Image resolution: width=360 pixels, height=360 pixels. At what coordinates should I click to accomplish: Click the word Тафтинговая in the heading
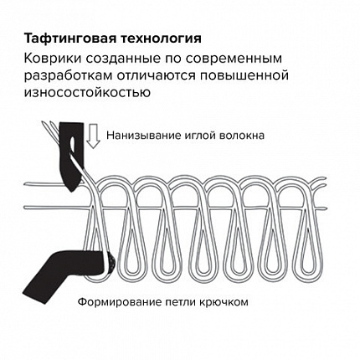pyautogui.click(x=69, y=39)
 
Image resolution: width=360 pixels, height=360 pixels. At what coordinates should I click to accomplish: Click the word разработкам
pyautogui.click(x=68, y=76)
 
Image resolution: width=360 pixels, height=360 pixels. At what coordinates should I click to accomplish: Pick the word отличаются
pyautogui.click(x=156, y=76)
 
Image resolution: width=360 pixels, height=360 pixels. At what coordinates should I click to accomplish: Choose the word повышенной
pyautogui.click(x=244, y=76)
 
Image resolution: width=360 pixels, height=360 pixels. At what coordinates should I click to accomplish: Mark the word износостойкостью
pyautogui.click(x=87, y=92)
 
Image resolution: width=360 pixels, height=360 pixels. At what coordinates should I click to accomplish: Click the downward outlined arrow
pyautogui.click(x=93, y=136)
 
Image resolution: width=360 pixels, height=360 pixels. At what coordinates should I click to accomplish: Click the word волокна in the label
pyautogui.click(x=242, y=136)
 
